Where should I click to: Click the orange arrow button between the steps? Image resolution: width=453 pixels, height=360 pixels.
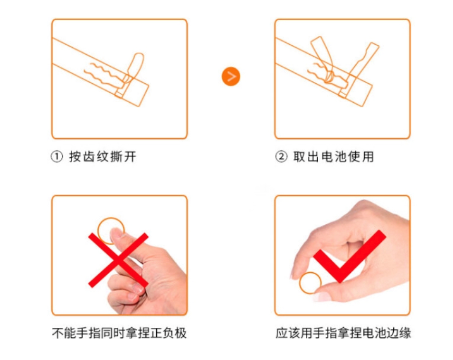click(x=231, y=76)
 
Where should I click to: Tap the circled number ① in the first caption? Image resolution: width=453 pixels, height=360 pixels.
click(x=57, y=156)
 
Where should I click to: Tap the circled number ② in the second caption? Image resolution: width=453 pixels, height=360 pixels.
click(x=281, y=156)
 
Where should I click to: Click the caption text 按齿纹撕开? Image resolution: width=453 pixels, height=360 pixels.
click(x=103, y=156)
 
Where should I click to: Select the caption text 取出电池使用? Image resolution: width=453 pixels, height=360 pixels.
click(x=334, y=156)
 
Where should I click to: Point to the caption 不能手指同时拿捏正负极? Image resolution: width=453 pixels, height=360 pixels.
click(x=119, y=333)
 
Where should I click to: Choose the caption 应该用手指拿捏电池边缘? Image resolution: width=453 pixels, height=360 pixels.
click(x=343, y=333)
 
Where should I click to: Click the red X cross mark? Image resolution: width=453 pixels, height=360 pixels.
click(x=118, y=260)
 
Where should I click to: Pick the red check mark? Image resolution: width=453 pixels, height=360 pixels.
click(x=349, y=256)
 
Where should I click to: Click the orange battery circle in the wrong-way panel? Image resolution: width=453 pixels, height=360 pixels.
click(x=98, y=230)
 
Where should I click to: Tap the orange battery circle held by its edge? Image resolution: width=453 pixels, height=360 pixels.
click(x=300, y=283)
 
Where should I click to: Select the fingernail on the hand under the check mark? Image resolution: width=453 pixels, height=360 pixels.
click(x=322, y=296)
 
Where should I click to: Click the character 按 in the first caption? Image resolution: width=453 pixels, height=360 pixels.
click(x=75, y=156)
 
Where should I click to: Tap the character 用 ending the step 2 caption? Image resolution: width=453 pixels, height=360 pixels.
click(x=368, y=156)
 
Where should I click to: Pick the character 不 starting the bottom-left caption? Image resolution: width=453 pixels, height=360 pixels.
click(x=58, y=333)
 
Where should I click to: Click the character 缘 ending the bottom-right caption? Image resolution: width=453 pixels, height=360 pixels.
click(x=405, y=333)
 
